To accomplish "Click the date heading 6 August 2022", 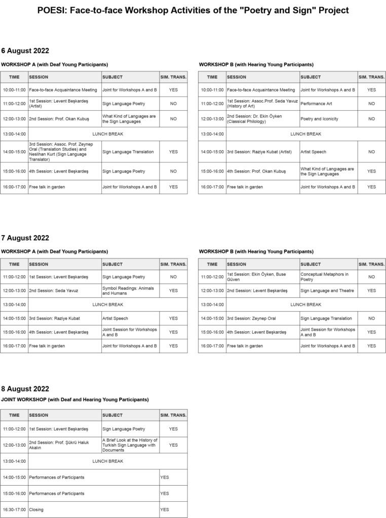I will click(x=25, y=51).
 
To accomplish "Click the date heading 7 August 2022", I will click(x=25, y=238).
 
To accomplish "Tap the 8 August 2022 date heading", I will click(x=25, y=388).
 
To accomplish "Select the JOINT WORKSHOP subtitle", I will click(x=75, y=400).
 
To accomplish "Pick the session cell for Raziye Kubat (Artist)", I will click(x=262, y=152).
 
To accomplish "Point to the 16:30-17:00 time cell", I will click(x=14, y=509).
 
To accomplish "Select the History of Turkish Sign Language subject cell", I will click(x=130, y=445).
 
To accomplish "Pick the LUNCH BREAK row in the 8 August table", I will click(x=107, y=461).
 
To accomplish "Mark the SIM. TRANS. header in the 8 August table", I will click(x=173, y=415).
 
